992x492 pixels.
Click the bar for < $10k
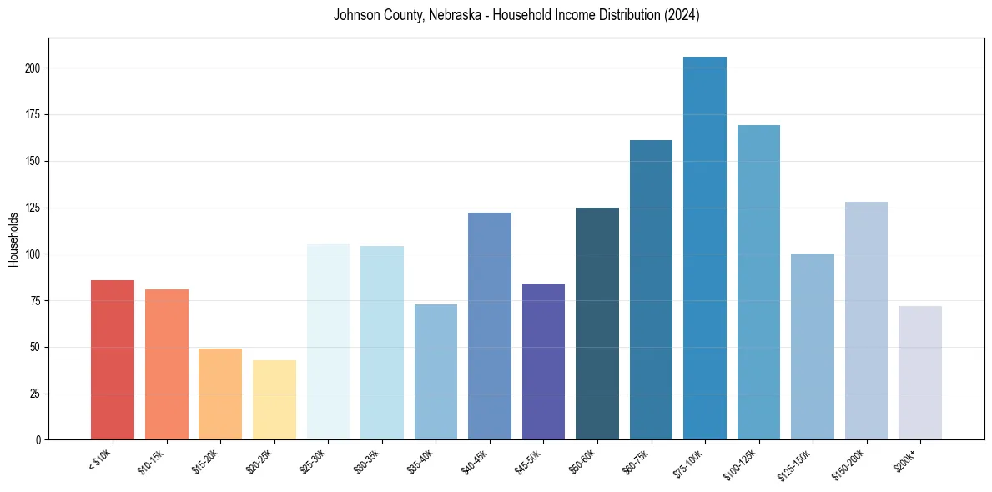pyautogui.click(x=113, y=359)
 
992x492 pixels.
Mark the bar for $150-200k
pyautogui.click(x=866, y=320)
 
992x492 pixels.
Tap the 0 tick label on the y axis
pyautogui.click(x=38, y=439)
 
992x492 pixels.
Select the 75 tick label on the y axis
pyautogui.click(x=36, y=300)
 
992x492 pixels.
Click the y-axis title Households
pyautogui.click(x=13, y=239)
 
